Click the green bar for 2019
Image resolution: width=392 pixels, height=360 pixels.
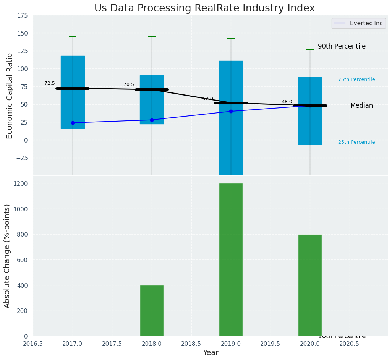(231, 259)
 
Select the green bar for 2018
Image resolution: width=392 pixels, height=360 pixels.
(152, 310)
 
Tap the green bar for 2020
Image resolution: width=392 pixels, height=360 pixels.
(310, 285)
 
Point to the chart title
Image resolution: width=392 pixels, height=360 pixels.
(204, 8)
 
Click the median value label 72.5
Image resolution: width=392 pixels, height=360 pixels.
(50, 83)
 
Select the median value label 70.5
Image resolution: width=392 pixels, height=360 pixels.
(129, 84)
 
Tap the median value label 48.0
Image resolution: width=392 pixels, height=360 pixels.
(287, 102)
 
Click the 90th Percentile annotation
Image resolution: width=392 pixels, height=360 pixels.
(342, 46)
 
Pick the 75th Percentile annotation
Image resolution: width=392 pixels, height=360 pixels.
(356, 79)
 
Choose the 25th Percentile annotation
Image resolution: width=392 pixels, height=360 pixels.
(356, 142)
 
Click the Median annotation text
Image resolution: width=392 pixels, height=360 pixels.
(361, 105)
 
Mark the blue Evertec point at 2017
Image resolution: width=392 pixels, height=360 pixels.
(73, 123)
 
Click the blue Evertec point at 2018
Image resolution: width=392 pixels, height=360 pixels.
(152, 120)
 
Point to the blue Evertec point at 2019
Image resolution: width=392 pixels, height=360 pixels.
(231, 111)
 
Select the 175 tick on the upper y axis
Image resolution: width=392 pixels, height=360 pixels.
(22, 15)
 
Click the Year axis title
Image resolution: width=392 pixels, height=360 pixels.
(211, 353)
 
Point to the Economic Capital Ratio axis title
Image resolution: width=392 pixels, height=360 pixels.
(10, 96)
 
